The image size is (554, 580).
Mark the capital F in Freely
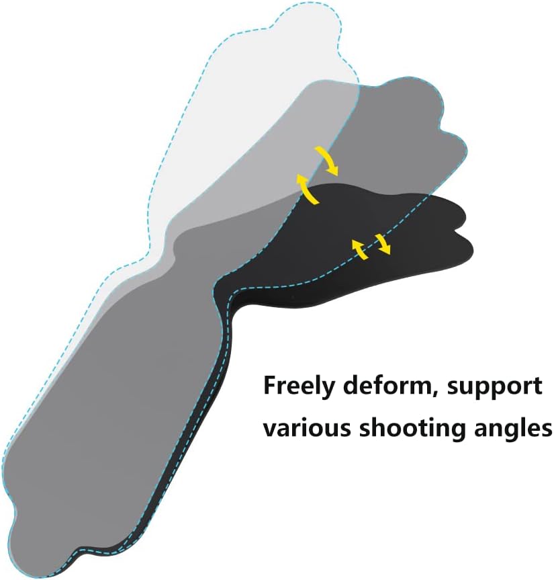(x=271, y=386)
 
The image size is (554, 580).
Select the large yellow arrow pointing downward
(x=329, y=160)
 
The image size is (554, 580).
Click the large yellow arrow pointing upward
(x=307, y=189)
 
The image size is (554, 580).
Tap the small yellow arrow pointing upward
(x=359, y=249)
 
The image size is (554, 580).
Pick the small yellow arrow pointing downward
(x=383, y=244)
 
